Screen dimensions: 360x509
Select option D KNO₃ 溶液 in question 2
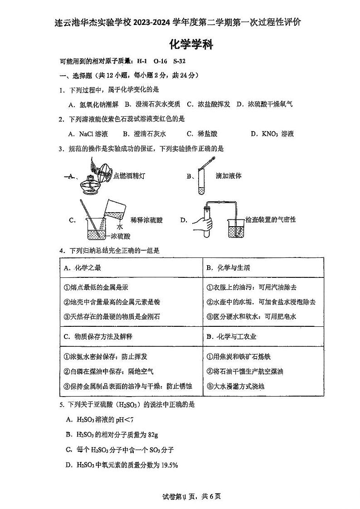[272, 134]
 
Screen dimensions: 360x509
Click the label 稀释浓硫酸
[146, 220]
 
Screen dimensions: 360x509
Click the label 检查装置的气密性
[270, 220]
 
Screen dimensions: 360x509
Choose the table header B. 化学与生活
[228, 268]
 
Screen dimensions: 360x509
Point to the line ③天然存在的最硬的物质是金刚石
[112, 316]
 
